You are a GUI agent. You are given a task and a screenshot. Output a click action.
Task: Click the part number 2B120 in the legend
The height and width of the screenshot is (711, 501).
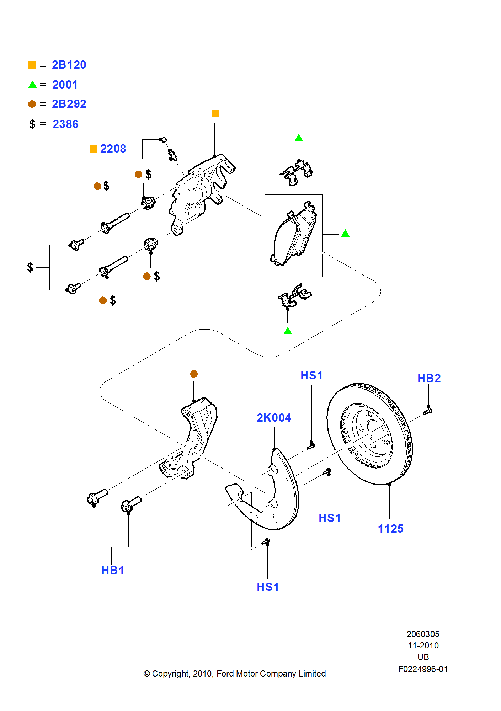69,65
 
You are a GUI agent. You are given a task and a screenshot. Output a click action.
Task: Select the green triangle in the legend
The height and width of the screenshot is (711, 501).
32,85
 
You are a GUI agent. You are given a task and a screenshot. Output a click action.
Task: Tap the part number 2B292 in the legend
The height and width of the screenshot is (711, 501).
69,104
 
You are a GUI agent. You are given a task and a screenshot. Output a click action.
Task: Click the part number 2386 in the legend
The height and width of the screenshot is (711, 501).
65,124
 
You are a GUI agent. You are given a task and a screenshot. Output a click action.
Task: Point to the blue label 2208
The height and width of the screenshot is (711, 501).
113,149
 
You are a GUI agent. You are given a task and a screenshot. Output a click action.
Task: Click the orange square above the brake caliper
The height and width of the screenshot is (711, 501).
215,113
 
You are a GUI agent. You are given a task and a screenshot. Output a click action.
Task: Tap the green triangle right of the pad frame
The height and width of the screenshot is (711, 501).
345,234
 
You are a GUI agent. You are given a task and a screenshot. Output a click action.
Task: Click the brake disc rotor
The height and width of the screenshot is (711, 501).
370,434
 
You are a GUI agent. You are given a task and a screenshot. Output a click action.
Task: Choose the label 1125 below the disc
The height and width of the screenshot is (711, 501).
390,529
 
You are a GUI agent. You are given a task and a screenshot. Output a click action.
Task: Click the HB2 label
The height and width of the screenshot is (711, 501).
429,378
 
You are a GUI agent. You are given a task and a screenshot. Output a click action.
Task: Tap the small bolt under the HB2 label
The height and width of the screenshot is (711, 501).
428,411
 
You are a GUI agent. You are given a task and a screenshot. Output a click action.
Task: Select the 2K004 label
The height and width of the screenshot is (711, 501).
274,418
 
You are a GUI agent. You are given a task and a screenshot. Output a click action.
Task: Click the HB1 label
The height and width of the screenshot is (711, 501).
113,570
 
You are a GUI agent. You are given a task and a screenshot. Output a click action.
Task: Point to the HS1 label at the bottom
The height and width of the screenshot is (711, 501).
268,587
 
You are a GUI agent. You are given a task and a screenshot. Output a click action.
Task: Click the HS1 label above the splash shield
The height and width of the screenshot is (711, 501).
311,375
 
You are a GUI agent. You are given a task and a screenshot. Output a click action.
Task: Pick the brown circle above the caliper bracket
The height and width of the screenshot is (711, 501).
194,374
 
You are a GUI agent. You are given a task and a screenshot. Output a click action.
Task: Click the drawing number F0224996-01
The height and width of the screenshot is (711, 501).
423,669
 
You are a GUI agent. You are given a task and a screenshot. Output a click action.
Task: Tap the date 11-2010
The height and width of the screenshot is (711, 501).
423,646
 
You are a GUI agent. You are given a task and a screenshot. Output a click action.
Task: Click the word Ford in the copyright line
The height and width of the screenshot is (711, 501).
225,674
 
